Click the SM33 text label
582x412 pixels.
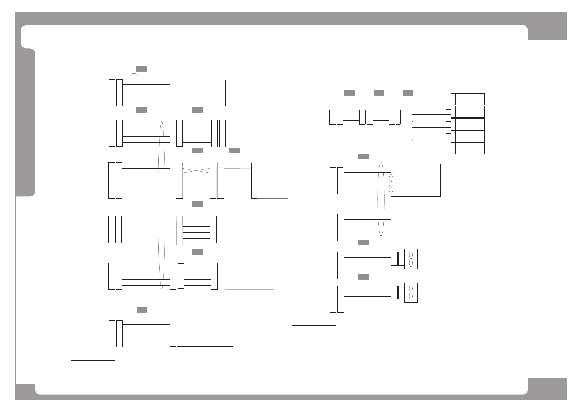pyautogui.click(x=135, y=74)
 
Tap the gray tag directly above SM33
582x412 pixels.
pyautogui.click(x=141, y=69)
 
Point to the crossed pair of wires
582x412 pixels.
pyautogui.click(x=196, y=170)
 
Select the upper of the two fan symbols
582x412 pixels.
pyautogui.click(x=411, y=259)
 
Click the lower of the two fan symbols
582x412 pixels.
pyautogui.click(x=411, y=293)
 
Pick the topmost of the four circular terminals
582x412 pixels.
pyautogui.click(x=391, y=172)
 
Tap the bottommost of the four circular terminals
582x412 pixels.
pyautogui.click(x=391, y=190)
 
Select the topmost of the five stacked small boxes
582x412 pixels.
pyautogui.click(x=470, y=99)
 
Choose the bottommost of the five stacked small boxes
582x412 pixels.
pyautogui.click(x=470, y=148)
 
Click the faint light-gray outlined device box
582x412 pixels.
pyautogui.click(x=249, y=276)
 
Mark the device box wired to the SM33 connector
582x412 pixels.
pyautogui.click(x=200, y=93)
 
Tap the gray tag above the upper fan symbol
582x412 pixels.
pyautogui.click(x=364, y=243)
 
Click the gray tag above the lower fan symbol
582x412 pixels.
pyautogui.click(x=364, y=277)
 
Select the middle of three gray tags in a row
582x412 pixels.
pyautogui.click(x=379, y=93)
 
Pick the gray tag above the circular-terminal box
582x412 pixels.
pyautogui.click(x=364, y=156)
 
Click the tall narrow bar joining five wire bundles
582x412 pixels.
pyautogui.click(x=173, y=205)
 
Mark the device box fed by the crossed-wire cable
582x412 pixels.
pyautogui.click(x=272, y=181)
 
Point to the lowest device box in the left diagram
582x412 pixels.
pyautogui.click(x=208, y=333)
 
